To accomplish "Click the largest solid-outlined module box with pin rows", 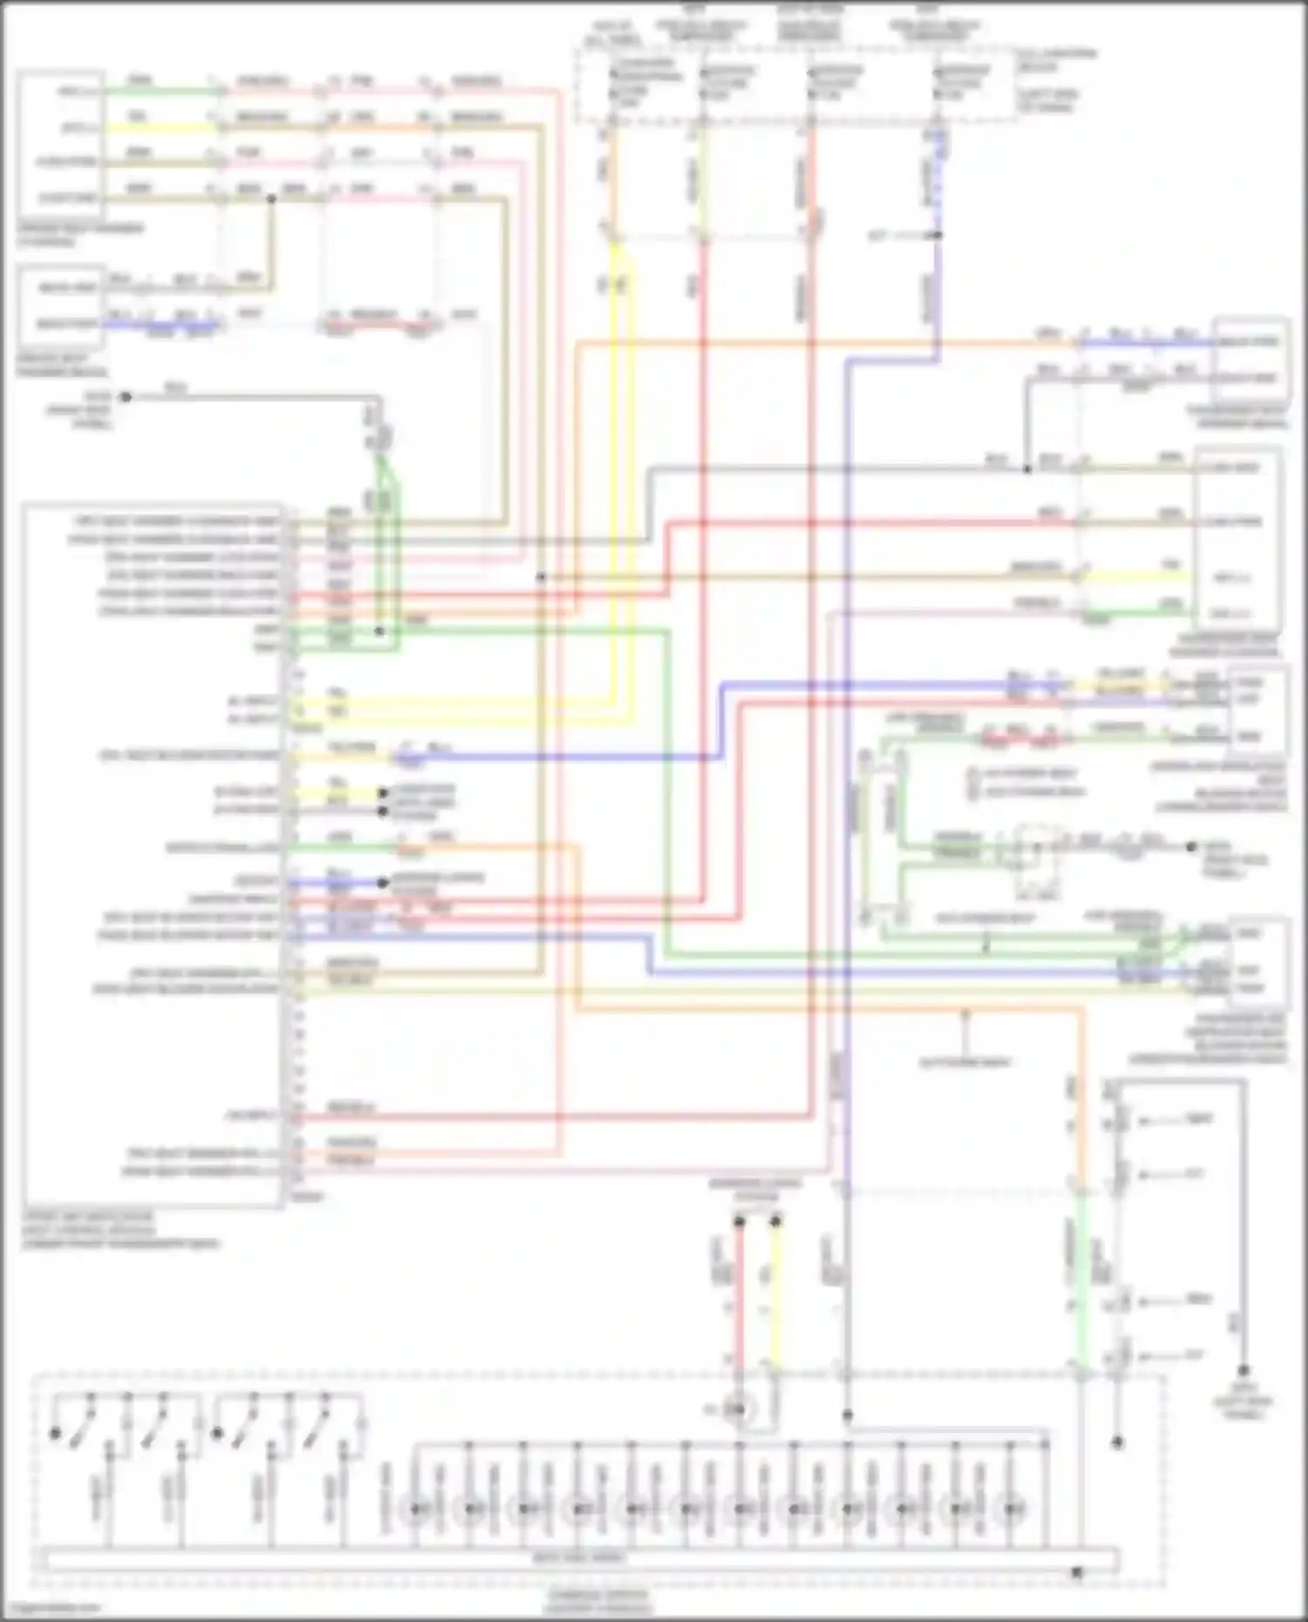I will [153, 854].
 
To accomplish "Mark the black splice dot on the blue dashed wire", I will [938, 235].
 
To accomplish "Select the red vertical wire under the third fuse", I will [811, 174].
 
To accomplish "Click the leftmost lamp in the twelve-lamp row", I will [417, 1509].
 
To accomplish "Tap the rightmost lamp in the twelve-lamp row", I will [1012, 1509].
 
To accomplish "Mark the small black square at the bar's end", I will [1077, 1572].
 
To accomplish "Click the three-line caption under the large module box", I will [122, 1230].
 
